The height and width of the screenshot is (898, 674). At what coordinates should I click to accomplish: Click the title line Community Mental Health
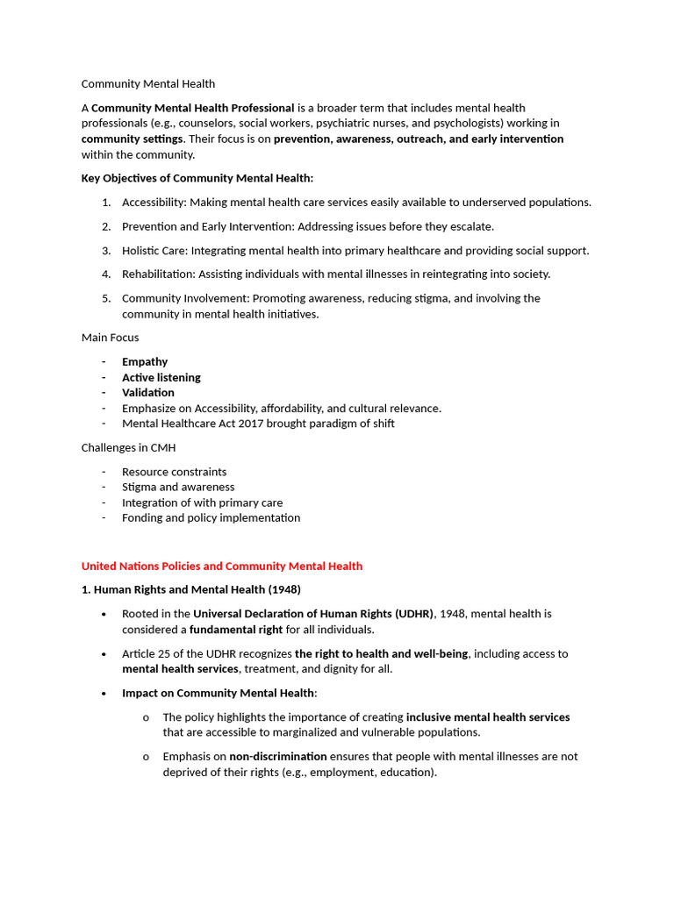pos(147,84)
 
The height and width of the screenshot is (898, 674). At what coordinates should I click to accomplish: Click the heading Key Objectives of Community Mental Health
pos(197,178)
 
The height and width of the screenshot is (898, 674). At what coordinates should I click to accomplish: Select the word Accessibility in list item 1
pos(153,203)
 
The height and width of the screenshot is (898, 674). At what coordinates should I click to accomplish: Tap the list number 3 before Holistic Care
pos(105,251)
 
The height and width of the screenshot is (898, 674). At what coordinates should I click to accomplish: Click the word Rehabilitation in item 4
pos(155,274)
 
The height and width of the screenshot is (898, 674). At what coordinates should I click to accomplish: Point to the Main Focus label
pos(110,338)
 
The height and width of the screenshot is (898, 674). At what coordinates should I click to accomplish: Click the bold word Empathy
pos(145,362)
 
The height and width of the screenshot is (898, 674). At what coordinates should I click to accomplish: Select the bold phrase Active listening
pos(161,378)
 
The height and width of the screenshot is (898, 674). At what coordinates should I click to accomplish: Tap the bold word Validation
pos(147,393)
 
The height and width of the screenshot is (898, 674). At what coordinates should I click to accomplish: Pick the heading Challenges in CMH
pos(128,448)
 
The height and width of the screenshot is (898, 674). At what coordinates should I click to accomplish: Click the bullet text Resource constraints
pos(174,472)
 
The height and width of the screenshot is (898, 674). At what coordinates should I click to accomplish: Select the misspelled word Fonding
pos(141,518)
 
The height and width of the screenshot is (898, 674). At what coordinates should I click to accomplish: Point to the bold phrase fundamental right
pos(236,630)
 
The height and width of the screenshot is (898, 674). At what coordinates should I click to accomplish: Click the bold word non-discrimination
pos(277,757)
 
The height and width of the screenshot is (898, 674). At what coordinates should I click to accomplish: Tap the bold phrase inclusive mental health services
pos(488,717)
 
